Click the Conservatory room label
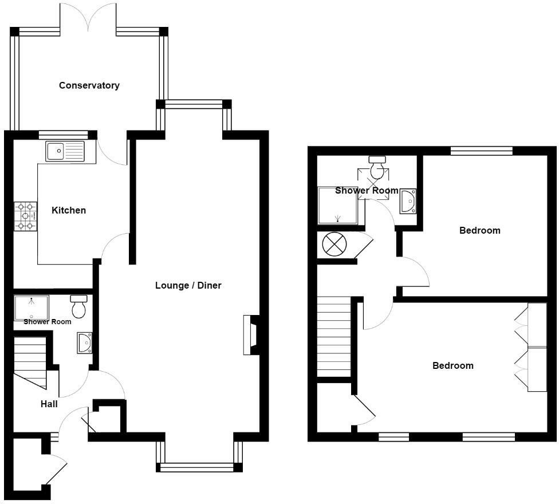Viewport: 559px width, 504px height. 89,85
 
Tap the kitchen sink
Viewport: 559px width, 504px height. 65,151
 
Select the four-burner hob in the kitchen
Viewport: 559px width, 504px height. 25,216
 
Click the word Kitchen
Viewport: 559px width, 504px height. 69,210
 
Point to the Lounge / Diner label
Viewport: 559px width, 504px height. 188,285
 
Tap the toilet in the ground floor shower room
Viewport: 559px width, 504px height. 78,306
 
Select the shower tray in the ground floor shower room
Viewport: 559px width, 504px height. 32,308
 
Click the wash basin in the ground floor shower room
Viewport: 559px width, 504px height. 84,342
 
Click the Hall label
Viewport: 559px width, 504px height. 49,404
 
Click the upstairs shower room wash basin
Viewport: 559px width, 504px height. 408,200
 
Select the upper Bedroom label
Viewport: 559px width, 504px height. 479,230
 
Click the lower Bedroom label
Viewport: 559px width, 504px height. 452,365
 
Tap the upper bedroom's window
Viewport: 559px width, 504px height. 481,151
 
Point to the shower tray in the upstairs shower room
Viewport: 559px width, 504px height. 337,205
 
